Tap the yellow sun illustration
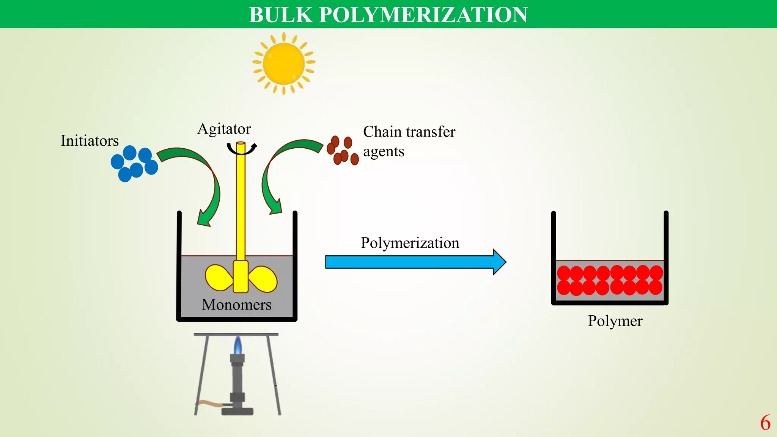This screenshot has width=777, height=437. point(283,63)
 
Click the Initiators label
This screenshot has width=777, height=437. point(90,141)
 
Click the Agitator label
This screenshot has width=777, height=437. point(224,129)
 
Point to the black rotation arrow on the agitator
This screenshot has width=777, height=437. point(241,150)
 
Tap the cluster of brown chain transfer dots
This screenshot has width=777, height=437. point(342,151)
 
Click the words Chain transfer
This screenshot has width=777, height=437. point(409,132)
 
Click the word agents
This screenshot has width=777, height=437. point(383,152)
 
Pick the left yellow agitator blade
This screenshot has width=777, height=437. point(219,277)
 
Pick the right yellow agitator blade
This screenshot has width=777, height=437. point(263,279)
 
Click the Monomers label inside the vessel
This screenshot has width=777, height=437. point(236,305)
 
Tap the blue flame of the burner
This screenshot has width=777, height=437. point(238,346)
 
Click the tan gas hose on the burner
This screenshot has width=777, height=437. point(211,404)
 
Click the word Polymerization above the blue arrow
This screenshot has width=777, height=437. point(410,243)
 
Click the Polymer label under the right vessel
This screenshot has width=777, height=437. point(615,321)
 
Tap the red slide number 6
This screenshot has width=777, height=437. point(765,423)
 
